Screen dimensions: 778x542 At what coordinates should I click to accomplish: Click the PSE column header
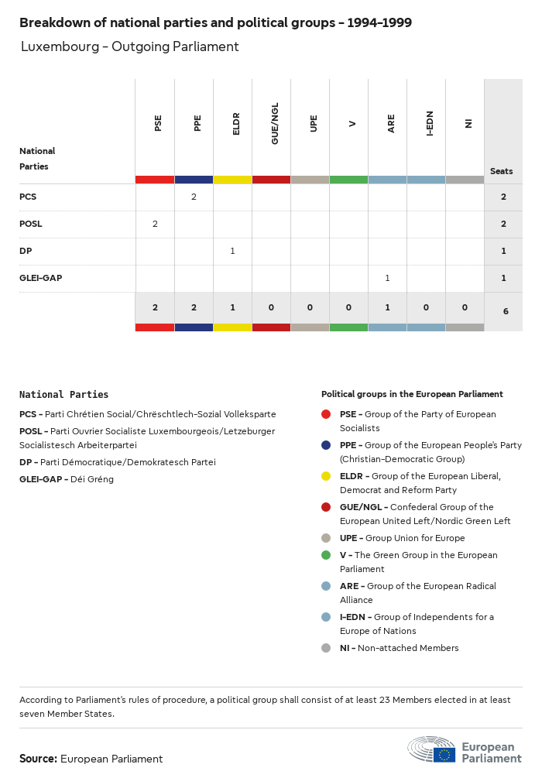pyautogui.click(x=158, y=123)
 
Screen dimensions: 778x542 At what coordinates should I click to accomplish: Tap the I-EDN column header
pyautogui.click(x=429, y=123)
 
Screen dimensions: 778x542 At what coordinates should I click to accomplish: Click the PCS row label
pyautogui.click(x=28, y=197)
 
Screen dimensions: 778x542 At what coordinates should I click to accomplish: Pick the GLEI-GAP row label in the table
pyautogui.click(x=40, y=278)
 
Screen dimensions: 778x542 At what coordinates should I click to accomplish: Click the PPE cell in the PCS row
pyautogui.click(x=194, y=197)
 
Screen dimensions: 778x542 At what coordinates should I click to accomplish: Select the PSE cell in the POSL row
pyautogui.click(x=155, y=224)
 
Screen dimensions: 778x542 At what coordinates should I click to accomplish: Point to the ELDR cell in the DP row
pyautogui.click(x=232, y=251)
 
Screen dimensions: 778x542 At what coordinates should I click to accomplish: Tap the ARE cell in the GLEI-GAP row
pyautogui.click(x=387, y=278)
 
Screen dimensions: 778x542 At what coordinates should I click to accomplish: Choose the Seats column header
pyautogui.click(x=501, y=171)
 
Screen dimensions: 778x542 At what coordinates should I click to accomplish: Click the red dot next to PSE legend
pyautogui.click(x=326, y=414)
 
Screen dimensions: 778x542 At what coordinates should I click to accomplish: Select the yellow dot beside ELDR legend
pyautogui.click(x=326, y=476)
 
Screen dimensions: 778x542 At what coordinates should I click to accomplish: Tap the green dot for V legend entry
pyautogui.click(x=326, y=555)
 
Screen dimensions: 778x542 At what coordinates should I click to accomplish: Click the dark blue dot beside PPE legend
pyautogui.click(x=326, y=445)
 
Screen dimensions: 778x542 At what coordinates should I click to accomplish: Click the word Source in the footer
pyautogui.click(x=38, y=759)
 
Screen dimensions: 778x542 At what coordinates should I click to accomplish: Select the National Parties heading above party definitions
pyautogui.click(x=63, y=394)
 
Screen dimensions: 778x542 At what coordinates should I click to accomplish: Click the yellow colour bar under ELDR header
pyautogui.click(x=232, y=180)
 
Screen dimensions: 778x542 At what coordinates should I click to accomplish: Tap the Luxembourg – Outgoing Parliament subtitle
pyautogui.click(x=129, y=46)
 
